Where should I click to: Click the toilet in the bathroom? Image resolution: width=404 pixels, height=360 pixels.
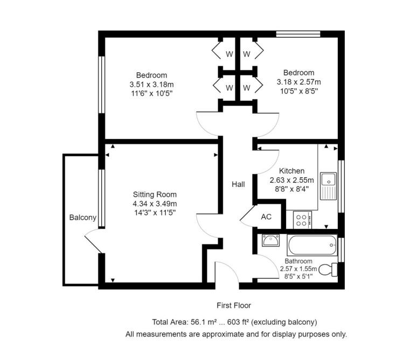tap(328, 269)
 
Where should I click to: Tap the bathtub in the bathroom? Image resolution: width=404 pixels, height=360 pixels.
tap(312, 245)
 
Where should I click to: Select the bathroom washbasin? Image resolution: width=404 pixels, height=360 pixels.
tap(271, 240)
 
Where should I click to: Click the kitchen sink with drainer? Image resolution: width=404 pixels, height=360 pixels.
tap(329, 186)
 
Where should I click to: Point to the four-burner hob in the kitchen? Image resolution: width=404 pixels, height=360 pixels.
tap(303, 220)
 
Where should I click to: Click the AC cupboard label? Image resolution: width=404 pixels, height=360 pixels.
tap(266, 217)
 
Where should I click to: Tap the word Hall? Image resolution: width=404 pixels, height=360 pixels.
tap(238, 184)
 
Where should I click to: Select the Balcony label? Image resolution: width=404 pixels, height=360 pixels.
tap(83, 218)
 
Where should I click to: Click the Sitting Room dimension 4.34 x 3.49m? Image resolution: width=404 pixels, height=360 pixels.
tap(155, 204)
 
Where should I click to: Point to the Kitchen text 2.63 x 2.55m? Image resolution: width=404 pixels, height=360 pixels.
tap(291, 180)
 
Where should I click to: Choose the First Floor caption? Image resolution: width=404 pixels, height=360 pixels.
tap(234, 306)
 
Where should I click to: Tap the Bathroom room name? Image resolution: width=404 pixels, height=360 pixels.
tap(298, 261)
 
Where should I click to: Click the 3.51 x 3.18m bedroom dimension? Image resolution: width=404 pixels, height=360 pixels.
tap(151, 84)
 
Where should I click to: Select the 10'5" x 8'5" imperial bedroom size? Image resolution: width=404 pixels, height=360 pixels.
tap(299, 91)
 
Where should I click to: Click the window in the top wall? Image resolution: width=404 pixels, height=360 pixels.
tap(298, 34)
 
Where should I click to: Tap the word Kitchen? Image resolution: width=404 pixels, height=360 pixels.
tap(291, 171)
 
